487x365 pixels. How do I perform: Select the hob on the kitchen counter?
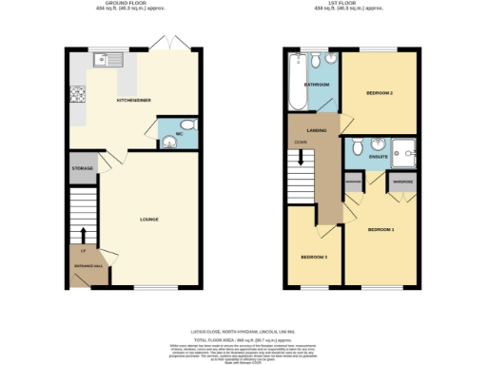tap(75, 94)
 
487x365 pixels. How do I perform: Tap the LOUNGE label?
tap(148, 220)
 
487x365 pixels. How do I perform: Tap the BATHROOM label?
tap(317, 85)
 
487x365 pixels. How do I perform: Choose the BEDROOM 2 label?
tap(380, 92)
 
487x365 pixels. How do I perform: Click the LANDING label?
tap(304, 130)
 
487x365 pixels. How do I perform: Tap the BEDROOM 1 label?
tap(381, 229)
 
